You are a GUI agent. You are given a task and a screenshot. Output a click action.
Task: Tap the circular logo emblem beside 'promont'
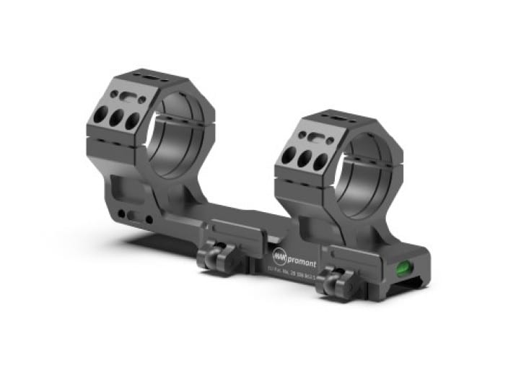280,255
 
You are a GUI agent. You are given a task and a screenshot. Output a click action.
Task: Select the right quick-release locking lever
333,278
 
